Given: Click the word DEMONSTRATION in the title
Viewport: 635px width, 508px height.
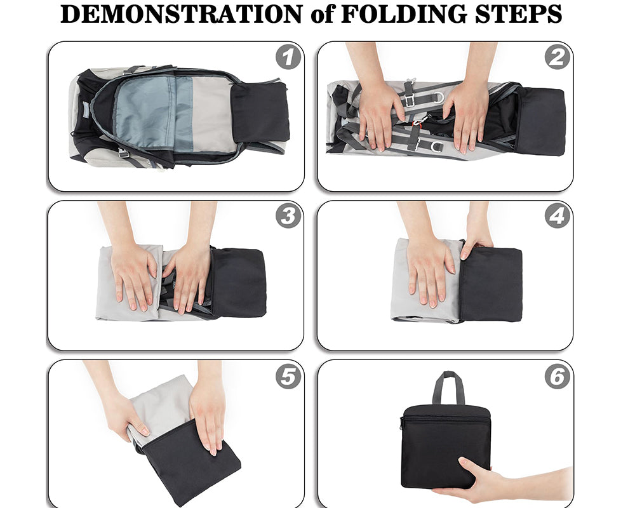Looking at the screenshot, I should click(180, 14).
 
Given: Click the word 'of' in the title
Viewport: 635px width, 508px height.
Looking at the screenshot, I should click(321, 14).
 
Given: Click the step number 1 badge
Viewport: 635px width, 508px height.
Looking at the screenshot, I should click(288, 58).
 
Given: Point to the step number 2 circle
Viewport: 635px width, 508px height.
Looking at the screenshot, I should click(557, 58).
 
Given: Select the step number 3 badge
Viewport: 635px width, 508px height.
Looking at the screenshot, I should click(288, 217).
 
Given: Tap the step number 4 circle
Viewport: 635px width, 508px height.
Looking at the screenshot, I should click(557, 217).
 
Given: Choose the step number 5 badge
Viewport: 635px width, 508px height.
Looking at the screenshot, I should click(288, 377).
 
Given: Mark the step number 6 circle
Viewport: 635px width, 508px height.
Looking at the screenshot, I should click(557, 377).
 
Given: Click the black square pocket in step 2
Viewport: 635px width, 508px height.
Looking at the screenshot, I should click(540, 121).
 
